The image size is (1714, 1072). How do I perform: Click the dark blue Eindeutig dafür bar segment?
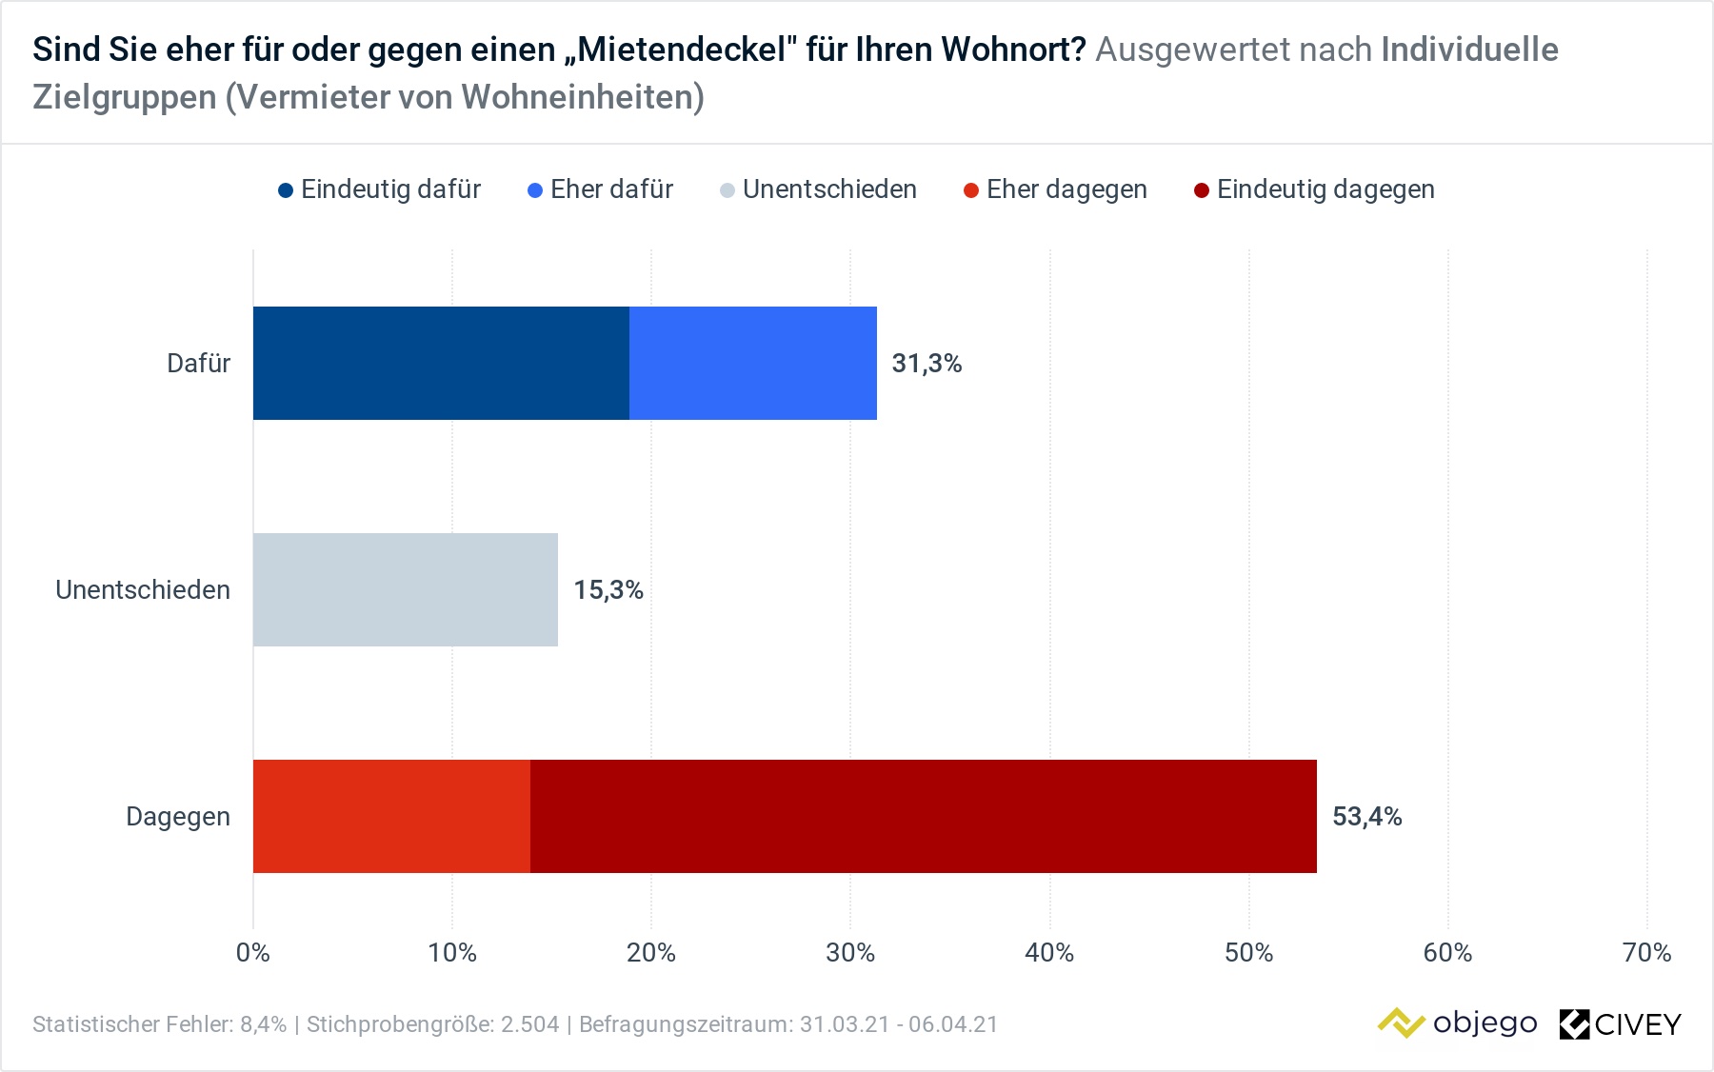point(441,363)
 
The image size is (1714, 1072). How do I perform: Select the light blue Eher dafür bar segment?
point(753,363)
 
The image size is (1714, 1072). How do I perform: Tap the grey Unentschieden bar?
point(405,589)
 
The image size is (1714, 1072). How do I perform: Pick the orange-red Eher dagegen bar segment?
point(391,816)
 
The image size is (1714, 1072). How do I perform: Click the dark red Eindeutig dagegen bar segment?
point(923,816)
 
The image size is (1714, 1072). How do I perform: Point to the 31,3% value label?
point(927,364)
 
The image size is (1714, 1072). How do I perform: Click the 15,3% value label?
point(608,590)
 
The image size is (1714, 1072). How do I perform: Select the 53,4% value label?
point(1366,817)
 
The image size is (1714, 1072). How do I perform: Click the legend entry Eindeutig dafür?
point(380,189)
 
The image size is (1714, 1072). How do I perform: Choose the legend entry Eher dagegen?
point(1056,189)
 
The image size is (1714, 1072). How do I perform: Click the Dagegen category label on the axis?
point(178,817)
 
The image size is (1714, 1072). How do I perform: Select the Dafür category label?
point(198,364)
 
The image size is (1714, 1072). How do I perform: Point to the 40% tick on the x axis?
point(1049,953)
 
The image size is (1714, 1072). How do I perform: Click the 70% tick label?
point(1646,953)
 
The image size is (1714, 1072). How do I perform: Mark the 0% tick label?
point(253,953)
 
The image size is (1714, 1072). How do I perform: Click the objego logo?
point(1457,1023)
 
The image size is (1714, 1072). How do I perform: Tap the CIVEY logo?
point(1621,1024)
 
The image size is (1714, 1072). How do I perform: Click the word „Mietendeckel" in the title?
point(680,50)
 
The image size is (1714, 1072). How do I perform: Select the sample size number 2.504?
point(530,1024)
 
